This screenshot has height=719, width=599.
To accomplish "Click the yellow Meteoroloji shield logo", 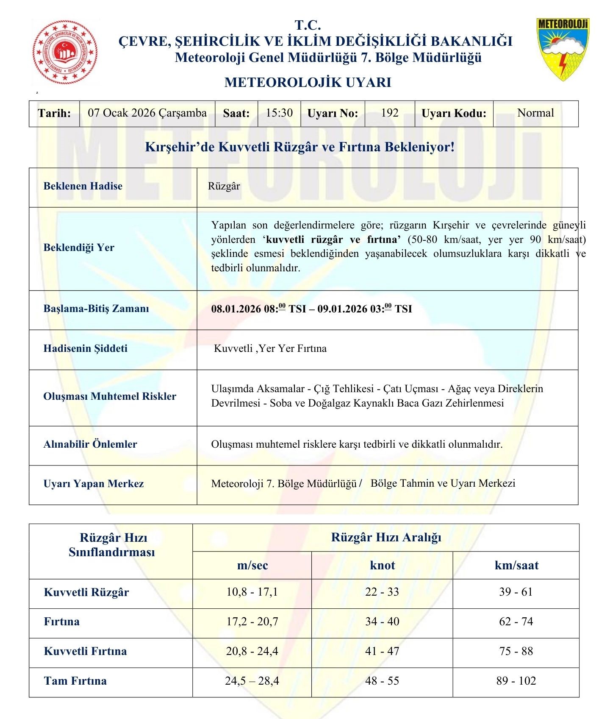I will (562, 49).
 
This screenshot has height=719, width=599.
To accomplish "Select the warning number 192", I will (389, 113).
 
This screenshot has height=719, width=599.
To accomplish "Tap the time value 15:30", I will (279, 113).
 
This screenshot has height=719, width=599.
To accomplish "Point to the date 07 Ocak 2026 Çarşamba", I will (147, 113).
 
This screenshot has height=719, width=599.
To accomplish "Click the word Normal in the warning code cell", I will (535, 113).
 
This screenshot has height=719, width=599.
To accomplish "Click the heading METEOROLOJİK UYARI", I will (308, 82).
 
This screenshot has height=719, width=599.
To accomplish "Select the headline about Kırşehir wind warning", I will (299, 147).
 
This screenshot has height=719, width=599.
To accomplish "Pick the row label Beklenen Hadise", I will (83, 186).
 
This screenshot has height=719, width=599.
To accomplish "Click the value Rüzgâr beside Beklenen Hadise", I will (224, 186).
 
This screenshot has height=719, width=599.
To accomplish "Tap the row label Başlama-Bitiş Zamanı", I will (96, 309).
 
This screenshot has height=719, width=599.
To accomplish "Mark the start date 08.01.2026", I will (236, 309).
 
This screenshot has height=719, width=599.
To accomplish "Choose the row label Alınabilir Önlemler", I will (90, 444).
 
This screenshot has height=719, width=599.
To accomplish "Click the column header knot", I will (382, 565).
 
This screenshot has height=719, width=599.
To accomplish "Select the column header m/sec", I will (252, 565).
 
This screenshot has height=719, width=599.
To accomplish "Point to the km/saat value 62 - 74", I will (516, 621).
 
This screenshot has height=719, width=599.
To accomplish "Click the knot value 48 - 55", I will (382, 681).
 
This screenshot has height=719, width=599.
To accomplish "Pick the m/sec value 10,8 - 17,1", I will (252, 592).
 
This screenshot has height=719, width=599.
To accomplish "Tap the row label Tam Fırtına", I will (75, 681).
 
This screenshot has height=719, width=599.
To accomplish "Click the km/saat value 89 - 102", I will (516, 681).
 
